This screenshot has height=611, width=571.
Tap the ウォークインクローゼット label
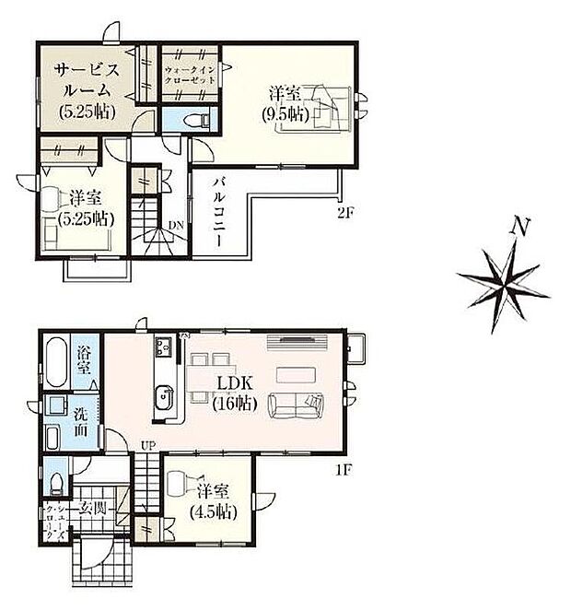(x=191, y=75)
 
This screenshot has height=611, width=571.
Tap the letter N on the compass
(x=521, y=226)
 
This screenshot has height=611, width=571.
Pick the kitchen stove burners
(x=165, y=348)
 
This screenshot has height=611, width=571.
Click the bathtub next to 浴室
(x=55, y=365)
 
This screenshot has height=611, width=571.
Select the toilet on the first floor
(x=58, y=481)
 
